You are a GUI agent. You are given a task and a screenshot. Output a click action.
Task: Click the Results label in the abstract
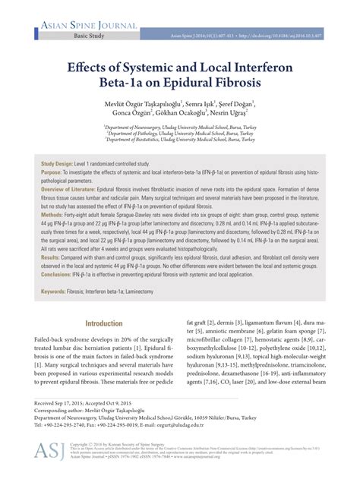[52, 257]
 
